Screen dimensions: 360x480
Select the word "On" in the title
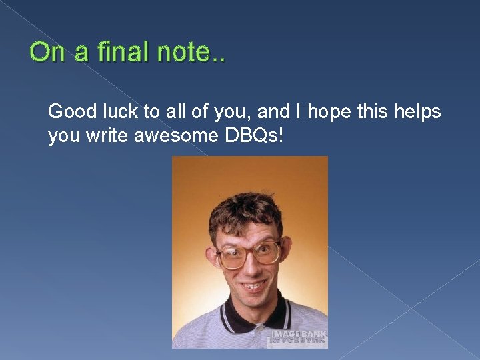[x=45, y=52]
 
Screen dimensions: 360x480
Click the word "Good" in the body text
[x=69, y=111]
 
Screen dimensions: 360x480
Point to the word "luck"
[x=113, y=111]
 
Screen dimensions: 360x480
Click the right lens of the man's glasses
[x=267, y=251]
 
